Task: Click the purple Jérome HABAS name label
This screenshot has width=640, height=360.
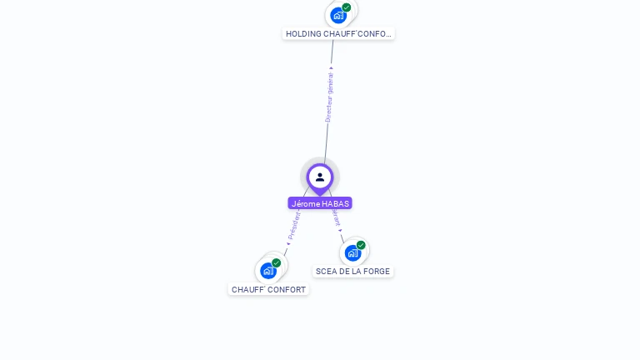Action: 320,203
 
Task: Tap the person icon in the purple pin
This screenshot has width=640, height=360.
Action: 320,177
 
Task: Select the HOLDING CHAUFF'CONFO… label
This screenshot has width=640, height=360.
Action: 337,34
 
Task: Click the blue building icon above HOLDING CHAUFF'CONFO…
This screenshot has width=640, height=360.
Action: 337,15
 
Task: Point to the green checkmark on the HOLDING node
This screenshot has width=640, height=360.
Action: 347,7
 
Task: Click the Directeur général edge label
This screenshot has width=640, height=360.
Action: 329,97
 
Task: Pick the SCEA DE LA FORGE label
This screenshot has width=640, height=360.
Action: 352,272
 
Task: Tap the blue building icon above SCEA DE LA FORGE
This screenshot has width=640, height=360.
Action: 352,252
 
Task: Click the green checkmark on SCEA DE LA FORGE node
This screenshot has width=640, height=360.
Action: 361,245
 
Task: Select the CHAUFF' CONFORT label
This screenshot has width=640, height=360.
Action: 268,290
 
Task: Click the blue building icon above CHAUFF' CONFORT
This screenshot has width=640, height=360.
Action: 267,270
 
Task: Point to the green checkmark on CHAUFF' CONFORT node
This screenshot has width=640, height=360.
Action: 277,262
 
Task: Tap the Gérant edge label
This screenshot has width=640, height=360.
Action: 336,217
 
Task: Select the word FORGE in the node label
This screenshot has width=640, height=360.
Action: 377,272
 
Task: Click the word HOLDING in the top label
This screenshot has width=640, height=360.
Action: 303,34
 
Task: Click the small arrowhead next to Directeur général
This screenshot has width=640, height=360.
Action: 331,68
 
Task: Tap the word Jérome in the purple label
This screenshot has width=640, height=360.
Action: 306,203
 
